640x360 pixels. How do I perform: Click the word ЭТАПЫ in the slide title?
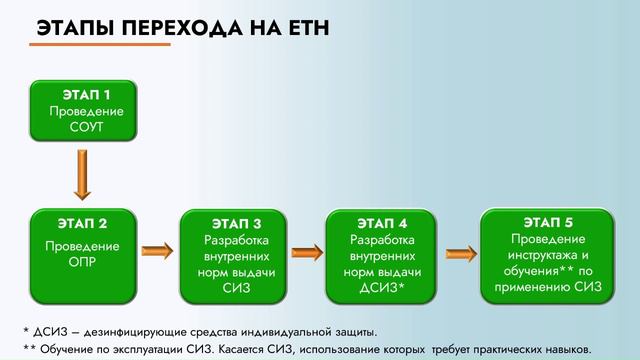[x=72, y=31]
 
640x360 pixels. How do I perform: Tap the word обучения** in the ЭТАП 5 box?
[x=531, y=269]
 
